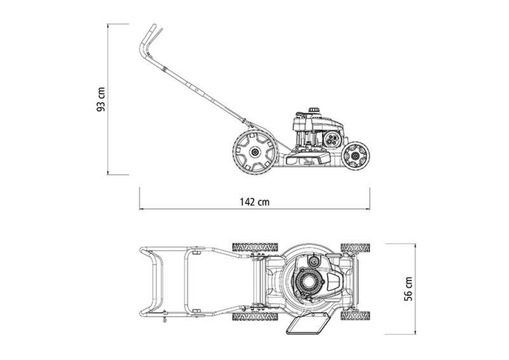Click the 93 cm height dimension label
[x=101, y=99]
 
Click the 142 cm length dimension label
[x=255, y=202]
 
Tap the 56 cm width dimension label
[x=408, y=289]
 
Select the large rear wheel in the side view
[x=255, y=151]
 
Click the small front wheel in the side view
[x=356, y=155]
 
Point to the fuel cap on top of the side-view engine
[x=314, y=110]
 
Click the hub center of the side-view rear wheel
[x=255, y=151]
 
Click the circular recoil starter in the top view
[x=309, y=282]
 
